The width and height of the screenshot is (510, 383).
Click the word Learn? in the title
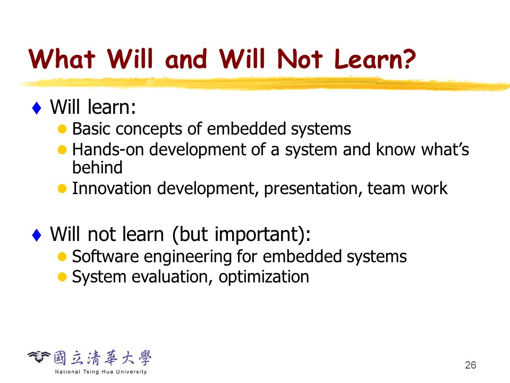click(375, 59)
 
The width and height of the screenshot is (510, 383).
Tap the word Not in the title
click(300, 59)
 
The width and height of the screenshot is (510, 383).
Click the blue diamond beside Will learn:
click(37, 108)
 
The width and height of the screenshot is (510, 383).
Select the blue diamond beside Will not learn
click(37, 235)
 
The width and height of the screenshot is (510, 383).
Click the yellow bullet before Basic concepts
click(62, 129)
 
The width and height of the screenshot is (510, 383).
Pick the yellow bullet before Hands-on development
click(62, 150)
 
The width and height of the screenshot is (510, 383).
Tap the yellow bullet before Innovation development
click(62, 188)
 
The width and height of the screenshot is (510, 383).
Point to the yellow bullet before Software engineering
click(62, 256)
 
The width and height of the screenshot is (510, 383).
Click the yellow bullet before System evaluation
click(62, 277)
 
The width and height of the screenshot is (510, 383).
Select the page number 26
click(471, 365)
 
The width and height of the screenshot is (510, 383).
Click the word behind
click(97, 168)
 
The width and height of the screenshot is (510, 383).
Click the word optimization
click(264, 277)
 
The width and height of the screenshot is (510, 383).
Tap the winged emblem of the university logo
click(39, 356)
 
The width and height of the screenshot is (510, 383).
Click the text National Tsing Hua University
click(101, 372)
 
